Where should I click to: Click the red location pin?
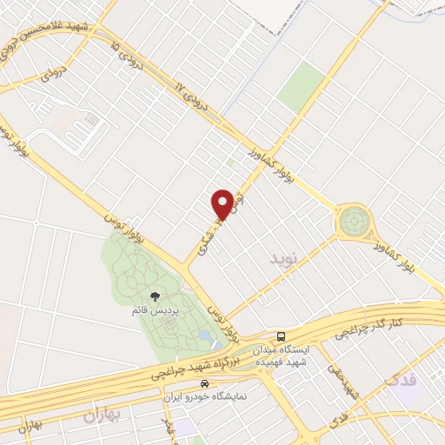pos(222,205)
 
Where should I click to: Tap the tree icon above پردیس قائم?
pos(155,298)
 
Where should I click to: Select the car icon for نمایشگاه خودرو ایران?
pos(204,383)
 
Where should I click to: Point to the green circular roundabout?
pos(354,222)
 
